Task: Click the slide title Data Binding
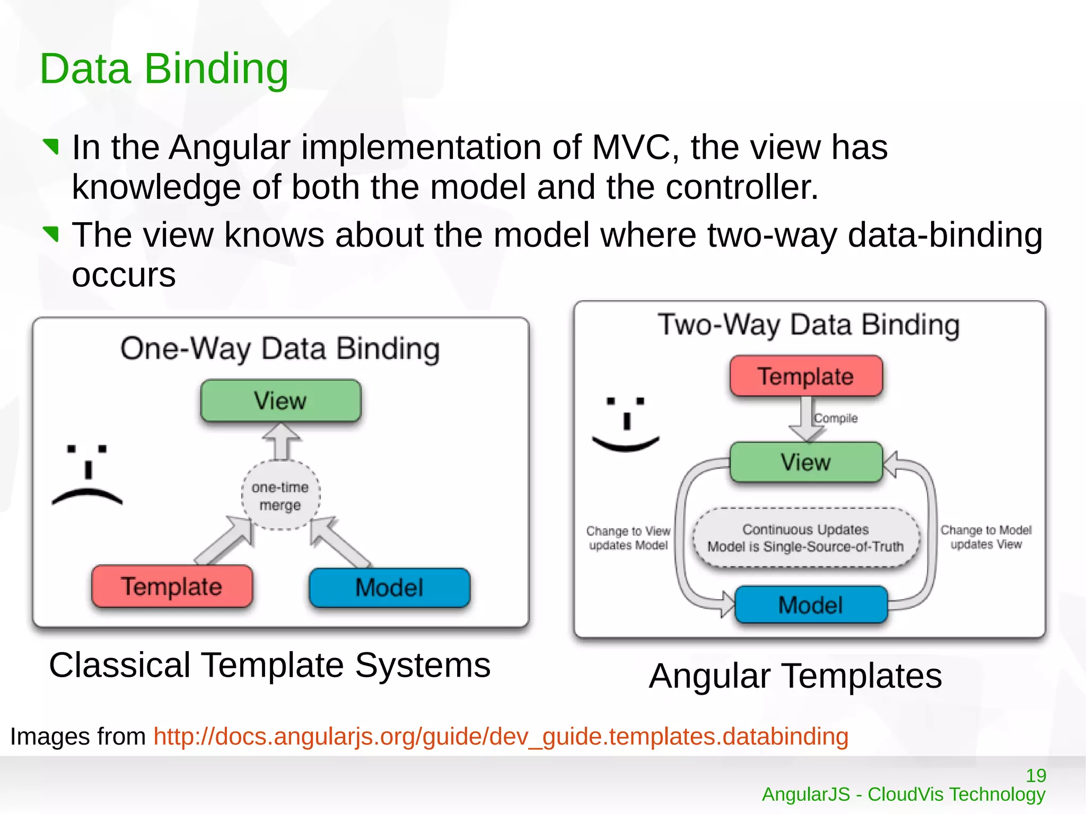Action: pyautogui.click(x=164, y=69)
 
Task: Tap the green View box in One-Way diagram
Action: pyautogui.click(x=281, y=400)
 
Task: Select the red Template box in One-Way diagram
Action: pyautogui.click(x=172, y=586)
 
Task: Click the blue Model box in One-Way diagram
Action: pyautogui.click(x=389, y=588)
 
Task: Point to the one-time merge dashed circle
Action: pyautogui.click(x=281, y=495)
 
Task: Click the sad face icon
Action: pyautogui.click(x=87, y=475)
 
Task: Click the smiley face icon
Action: pyautogui.click(x=626, y=424)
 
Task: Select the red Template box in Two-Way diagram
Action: pyautogui.click(x=805, y=376)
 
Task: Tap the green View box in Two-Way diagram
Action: pyautogui.click(x=805, y=462)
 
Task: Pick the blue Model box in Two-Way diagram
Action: pyautogui.click(x=810, y=605)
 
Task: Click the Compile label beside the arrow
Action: pyautogui.click(x=836, y=418)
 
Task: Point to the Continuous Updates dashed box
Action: pyautogui.click(x=805, y=538)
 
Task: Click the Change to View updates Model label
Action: pyautogui.click(x=628, y=538)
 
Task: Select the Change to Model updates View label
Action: pyautogui.click(x=986, y=537)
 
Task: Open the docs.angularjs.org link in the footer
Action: pyautogui.click(x=501, y=736)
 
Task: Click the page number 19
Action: pyautogui.click(x=1036, y=776)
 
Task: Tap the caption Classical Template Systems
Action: pyautogui.click(x=269, y=665)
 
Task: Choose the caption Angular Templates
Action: pyautogui.click(x=795, y=676)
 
